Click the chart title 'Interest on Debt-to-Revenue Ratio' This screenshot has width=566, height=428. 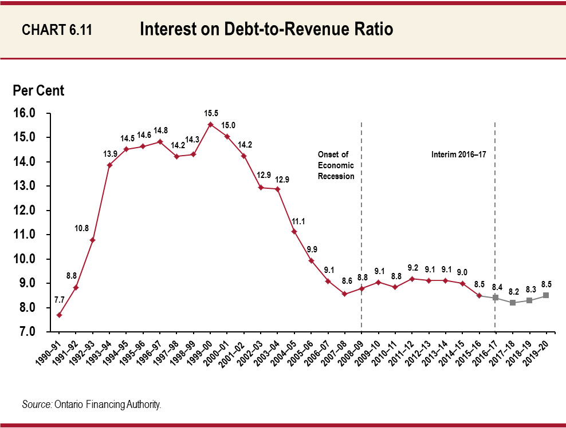pos(266,30)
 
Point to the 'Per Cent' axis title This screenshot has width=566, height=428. pos(39,90)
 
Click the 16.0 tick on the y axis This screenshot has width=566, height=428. pos(24,113)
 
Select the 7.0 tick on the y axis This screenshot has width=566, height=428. pos(24,332)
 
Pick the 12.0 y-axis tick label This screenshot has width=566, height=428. pos(24,211)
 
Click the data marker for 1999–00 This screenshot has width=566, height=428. pos(210,124)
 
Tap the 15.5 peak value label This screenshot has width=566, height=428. pos(210,113)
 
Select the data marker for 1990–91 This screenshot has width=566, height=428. pos(60,315)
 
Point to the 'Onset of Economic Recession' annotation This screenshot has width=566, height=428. pos(336,165)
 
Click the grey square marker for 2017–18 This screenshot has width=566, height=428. pos(513,303)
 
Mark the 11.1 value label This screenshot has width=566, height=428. pos(294,220)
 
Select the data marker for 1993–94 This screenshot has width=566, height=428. pos(109,165)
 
